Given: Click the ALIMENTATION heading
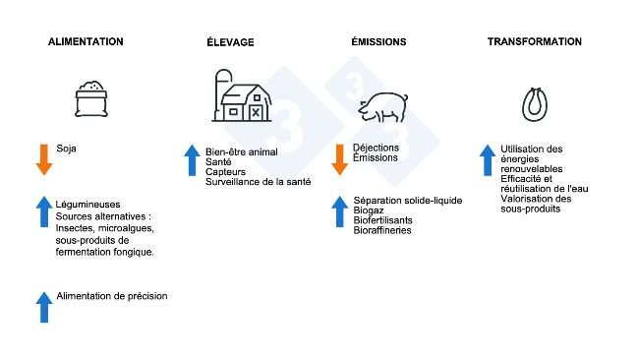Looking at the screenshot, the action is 87,42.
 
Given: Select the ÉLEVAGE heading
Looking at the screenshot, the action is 232,42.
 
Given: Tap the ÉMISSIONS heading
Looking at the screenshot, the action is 378,42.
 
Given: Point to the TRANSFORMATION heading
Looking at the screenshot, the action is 535,42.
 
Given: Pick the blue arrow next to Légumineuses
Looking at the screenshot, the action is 43,212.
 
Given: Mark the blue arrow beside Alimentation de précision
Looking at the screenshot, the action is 43,307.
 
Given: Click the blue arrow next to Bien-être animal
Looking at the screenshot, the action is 192,160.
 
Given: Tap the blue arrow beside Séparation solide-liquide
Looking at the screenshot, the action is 339,212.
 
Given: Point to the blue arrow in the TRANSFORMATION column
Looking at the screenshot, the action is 487,160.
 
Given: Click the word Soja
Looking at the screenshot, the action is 67,150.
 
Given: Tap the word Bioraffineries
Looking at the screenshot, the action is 382,230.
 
